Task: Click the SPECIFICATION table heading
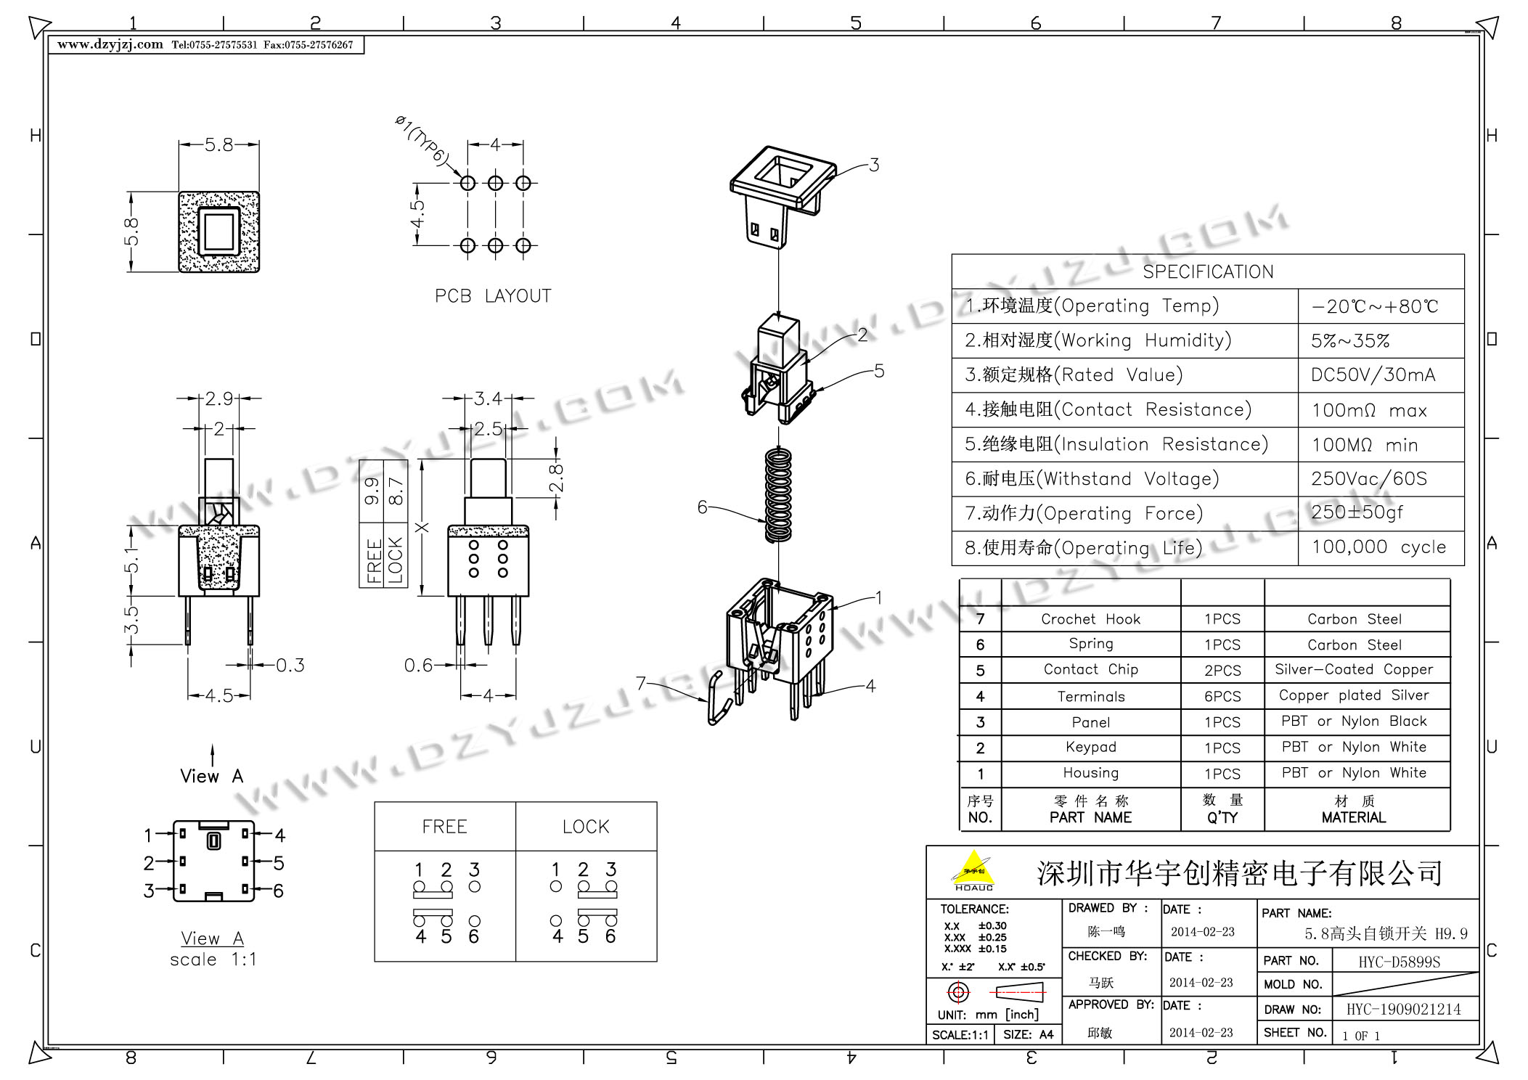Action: (x=1208, y=272)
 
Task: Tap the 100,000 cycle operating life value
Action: (x=1378, y=547)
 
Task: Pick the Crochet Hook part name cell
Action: (x=1090, y=619)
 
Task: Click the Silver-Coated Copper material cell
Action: (x=1354, y=669)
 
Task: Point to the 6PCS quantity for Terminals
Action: (x=1222, y=697)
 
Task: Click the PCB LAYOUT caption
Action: (x=493, y=296)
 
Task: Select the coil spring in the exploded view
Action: (x=778, y=495)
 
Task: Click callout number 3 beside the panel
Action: (x=874, y=165)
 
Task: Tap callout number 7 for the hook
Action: (x=641, y=684)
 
